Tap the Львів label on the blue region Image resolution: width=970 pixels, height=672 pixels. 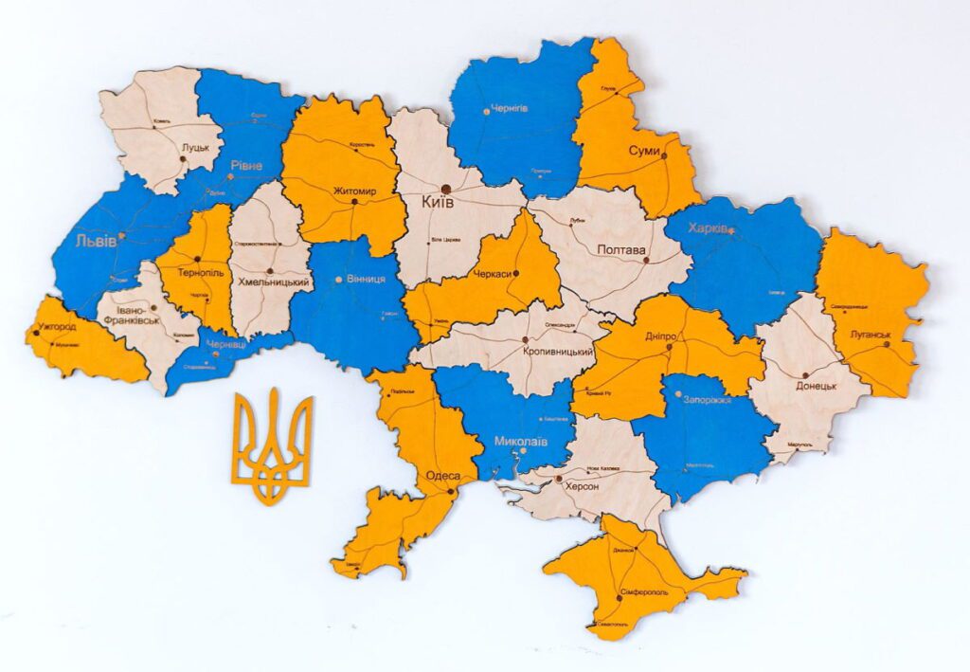point(97,241)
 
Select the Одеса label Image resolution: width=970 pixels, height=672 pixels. point(443,475)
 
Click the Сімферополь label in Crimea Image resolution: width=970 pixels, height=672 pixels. point(644,592)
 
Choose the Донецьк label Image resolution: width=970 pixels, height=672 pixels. point(816,386)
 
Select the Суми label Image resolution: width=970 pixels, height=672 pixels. point(644,151)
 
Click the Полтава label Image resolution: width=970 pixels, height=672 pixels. point(621,250)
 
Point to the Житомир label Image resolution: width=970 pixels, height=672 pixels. point(354,191)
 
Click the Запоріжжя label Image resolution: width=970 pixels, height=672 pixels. point(706,400)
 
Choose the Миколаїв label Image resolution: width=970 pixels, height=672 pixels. point(520,441)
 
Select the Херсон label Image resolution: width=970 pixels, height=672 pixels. point(582,485)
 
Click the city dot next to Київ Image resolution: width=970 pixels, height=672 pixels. point(445,188)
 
